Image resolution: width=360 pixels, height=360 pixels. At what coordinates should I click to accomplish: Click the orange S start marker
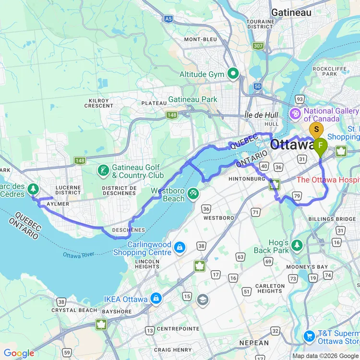316,130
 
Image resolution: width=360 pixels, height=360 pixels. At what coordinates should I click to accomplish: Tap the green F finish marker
320,145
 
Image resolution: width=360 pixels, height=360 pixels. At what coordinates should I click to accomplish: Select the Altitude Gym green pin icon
233,74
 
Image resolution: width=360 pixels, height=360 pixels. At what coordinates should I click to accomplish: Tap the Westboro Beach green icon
193,193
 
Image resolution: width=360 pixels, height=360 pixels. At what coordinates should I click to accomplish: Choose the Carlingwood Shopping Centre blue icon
180,248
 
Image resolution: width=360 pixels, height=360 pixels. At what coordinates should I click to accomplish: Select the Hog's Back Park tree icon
297,246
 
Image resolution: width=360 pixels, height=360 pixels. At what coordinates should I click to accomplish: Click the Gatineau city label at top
291,12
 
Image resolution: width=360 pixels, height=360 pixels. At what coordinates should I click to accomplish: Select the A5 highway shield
168,19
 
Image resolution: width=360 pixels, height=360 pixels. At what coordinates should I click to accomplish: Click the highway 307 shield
259,46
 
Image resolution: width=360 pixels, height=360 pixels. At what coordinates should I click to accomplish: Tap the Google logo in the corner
19,354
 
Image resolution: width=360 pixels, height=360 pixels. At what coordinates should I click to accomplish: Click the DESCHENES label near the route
129,230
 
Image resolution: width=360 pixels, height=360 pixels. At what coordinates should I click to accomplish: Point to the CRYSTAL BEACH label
74,310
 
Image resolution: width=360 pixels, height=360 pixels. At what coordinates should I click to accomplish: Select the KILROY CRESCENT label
98,103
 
